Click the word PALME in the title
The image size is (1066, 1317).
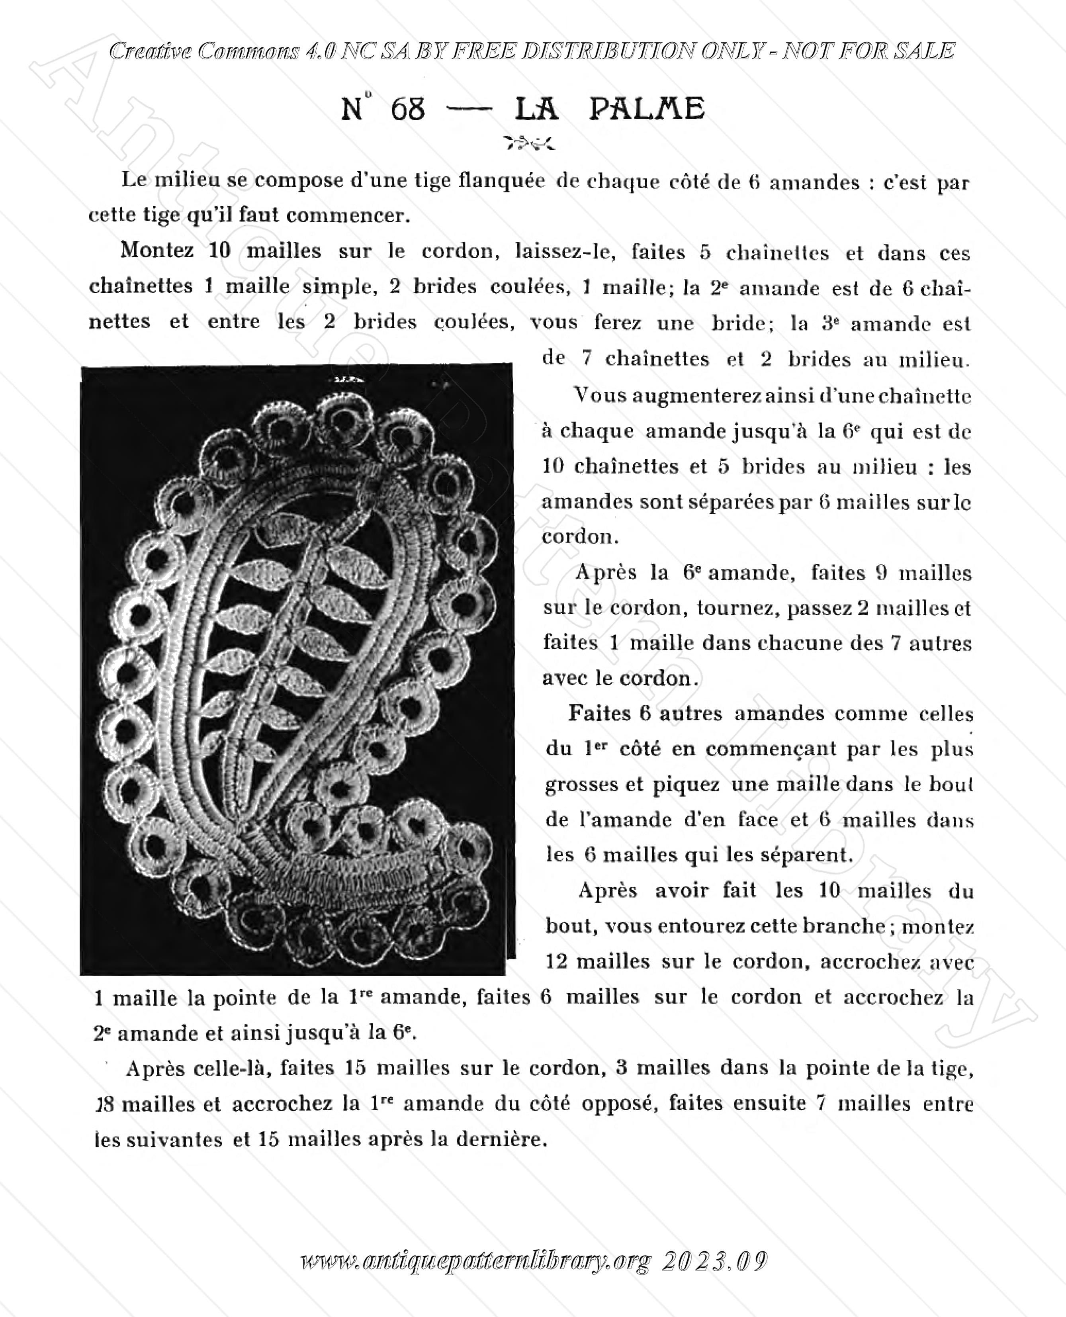pyautogui.click(x=647, y=109)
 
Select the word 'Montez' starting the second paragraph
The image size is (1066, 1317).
pyautogui.click(x=157, y=250)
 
